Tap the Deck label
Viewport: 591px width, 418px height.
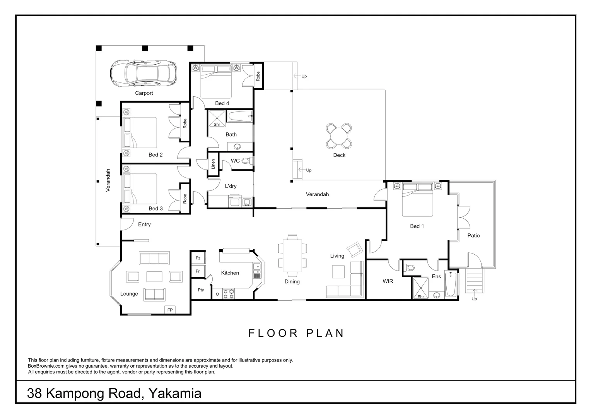[339, 155]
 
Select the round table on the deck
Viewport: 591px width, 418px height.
[339, 136]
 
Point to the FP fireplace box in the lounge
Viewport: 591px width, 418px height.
[169, 310]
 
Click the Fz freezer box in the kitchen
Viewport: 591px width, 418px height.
[198, 258]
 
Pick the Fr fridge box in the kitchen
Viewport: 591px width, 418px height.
[198, 271]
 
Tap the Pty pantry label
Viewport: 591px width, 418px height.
[201, 290]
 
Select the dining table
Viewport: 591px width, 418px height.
[292, 256]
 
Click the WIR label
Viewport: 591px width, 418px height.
[388, 281]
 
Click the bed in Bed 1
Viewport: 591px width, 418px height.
[417, 200]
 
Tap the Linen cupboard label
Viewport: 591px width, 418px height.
[213, 164]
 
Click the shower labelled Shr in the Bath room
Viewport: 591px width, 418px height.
[217, 118]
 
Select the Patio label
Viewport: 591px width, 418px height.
[473, 236]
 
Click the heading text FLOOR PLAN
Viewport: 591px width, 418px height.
[296, 333]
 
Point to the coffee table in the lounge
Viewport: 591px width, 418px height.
[154, 276]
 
